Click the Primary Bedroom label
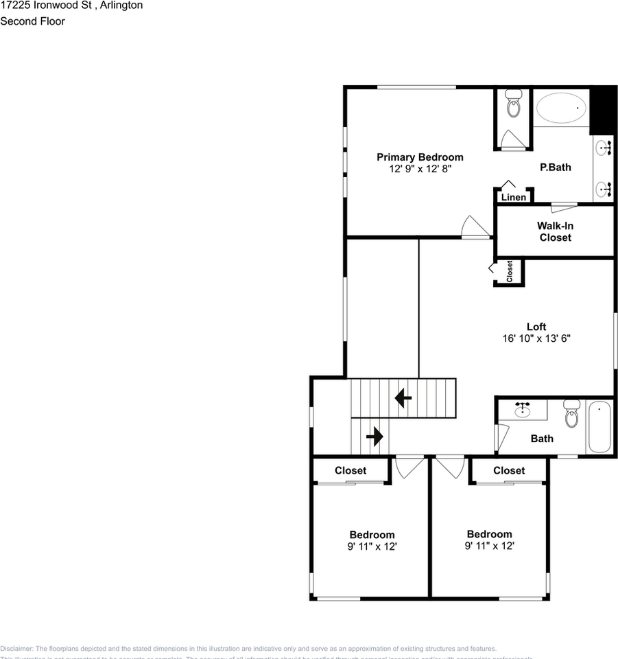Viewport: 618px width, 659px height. coord(419,157)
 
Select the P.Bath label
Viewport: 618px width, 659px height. coord(555,167)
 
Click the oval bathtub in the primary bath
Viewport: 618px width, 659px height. coord(561,108)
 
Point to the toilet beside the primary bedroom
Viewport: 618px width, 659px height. coord(512,106)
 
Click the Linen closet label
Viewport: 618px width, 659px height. coord(514,197)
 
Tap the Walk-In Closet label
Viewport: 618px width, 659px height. coord(555,231)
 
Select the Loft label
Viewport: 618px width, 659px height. coord(536,327)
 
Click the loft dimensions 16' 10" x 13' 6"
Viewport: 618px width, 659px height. coord(536,338)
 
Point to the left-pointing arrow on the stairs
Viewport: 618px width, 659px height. coord(403,397)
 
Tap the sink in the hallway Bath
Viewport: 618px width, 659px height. coord(523,411)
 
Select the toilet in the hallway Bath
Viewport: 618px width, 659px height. coord(571,414)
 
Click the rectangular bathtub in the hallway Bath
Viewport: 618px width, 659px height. coord(599,427)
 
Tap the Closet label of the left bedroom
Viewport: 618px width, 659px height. coord(350,470)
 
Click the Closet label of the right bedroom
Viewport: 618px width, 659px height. coord(509,470)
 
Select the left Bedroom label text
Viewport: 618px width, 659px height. coord(372,535)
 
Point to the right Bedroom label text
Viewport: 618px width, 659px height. coord(489,534)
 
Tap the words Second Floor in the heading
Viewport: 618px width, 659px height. coord(33,21)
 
